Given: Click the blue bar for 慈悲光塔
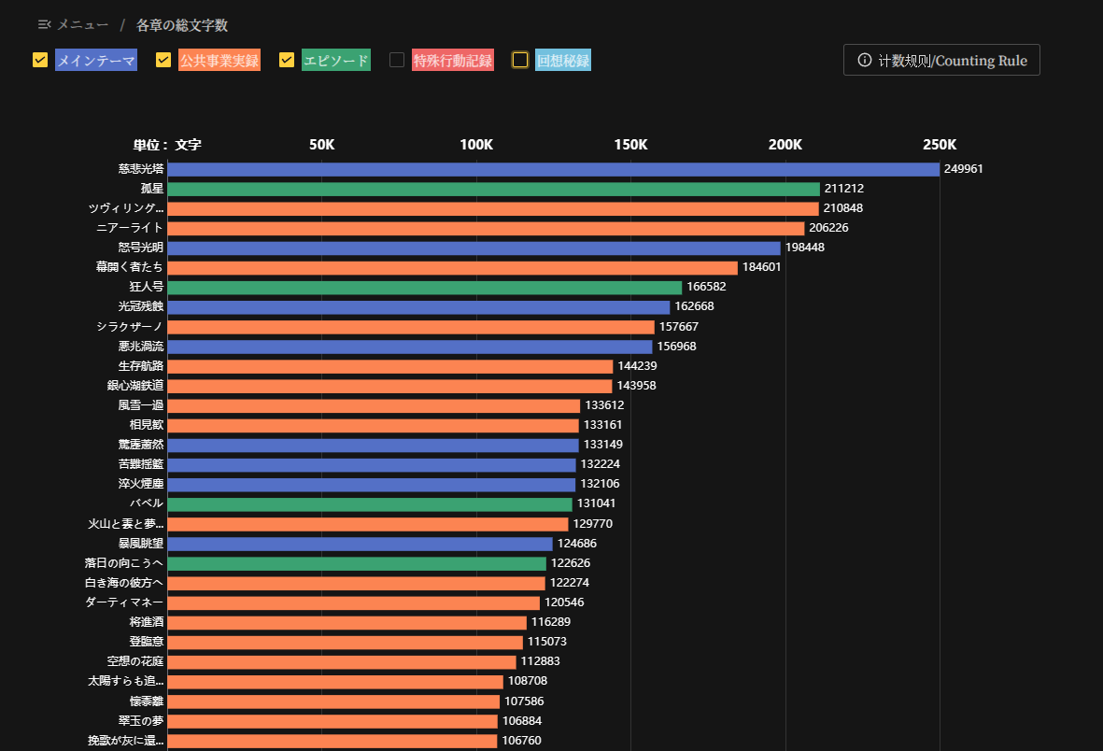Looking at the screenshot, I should tap(553, 169).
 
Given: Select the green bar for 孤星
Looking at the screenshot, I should tap(493, 189).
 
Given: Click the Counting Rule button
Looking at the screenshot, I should tap(941, 61).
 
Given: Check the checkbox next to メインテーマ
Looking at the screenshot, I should tap(40, 60).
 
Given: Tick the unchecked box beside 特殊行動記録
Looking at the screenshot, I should tap(397, 60).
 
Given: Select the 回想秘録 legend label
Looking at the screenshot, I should tap(563, 61).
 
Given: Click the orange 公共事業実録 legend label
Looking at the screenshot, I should tap(219, 61).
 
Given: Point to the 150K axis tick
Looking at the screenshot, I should tap(630, 145).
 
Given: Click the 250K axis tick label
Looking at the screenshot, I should tap(940, 145).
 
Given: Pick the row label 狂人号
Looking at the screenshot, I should tap(147, 287).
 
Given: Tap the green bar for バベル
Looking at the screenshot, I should tap(370, 503).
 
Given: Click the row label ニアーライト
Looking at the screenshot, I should tap(130, 228).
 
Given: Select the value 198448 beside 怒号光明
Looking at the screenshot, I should tap(805, 248).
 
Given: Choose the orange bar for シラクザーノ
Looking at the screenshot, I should tap(411, 327).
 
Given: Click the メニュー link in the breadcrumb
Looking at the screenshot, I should tap(82, 25).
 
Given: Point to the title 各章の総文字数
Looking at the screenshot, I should tap(182, 25).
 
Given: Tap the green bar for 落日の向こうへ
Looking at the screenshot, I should tap(357, 563).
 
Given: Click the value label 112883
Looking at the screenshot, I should tap(540, 661).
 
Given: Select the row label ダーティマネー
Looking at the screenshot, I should tap(124, 602).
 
